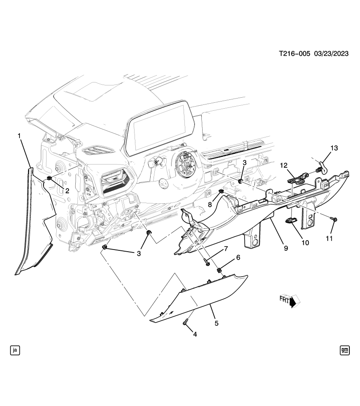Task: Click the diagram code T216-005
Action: pos(294,54)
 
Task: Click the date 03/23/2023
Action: pos(331,54)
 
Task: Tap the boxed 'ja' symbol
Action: pos(15,350)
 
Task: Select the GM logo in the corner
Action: pos(344,350)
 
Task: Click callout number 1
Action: pos(19,135)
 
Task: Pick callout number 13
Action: pos(334,148)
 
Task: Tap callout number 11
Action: pos(329,238)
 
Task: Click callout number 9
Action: pos(286,248)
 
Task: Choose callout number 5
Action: pos(216,323)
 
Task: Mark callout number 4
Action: pos(195,334)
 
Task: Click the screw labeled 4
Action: pos(185,323)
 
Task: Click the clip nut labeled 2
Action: pos(49,178)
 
